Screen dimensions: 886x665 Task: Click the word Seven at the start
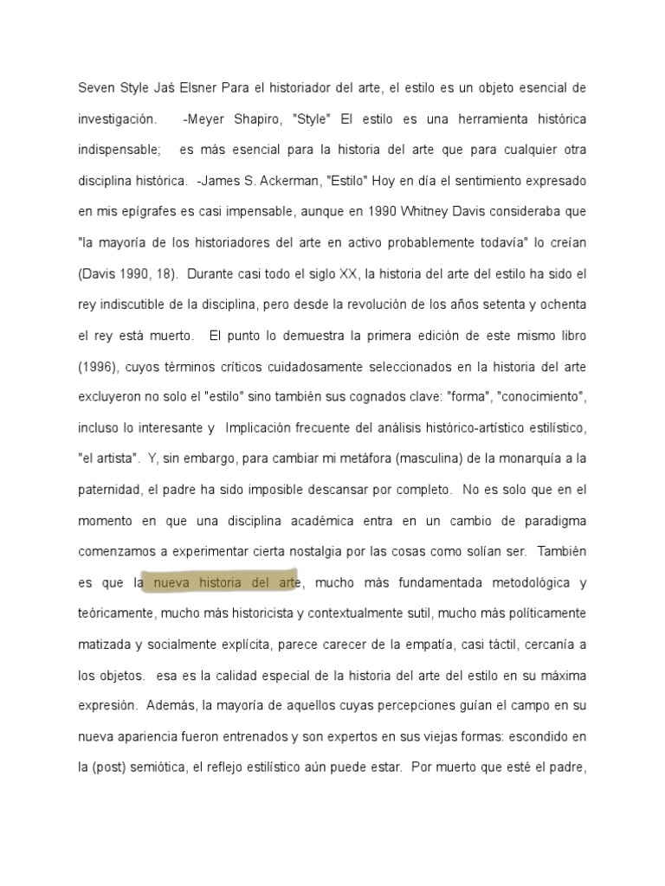(95, 88)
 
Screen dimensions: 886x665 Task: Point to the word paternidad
(108, 490)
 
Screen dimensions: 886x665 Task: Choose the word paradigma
(552, 521)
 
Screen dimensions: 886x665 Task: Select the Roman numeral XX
(341, 273)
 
